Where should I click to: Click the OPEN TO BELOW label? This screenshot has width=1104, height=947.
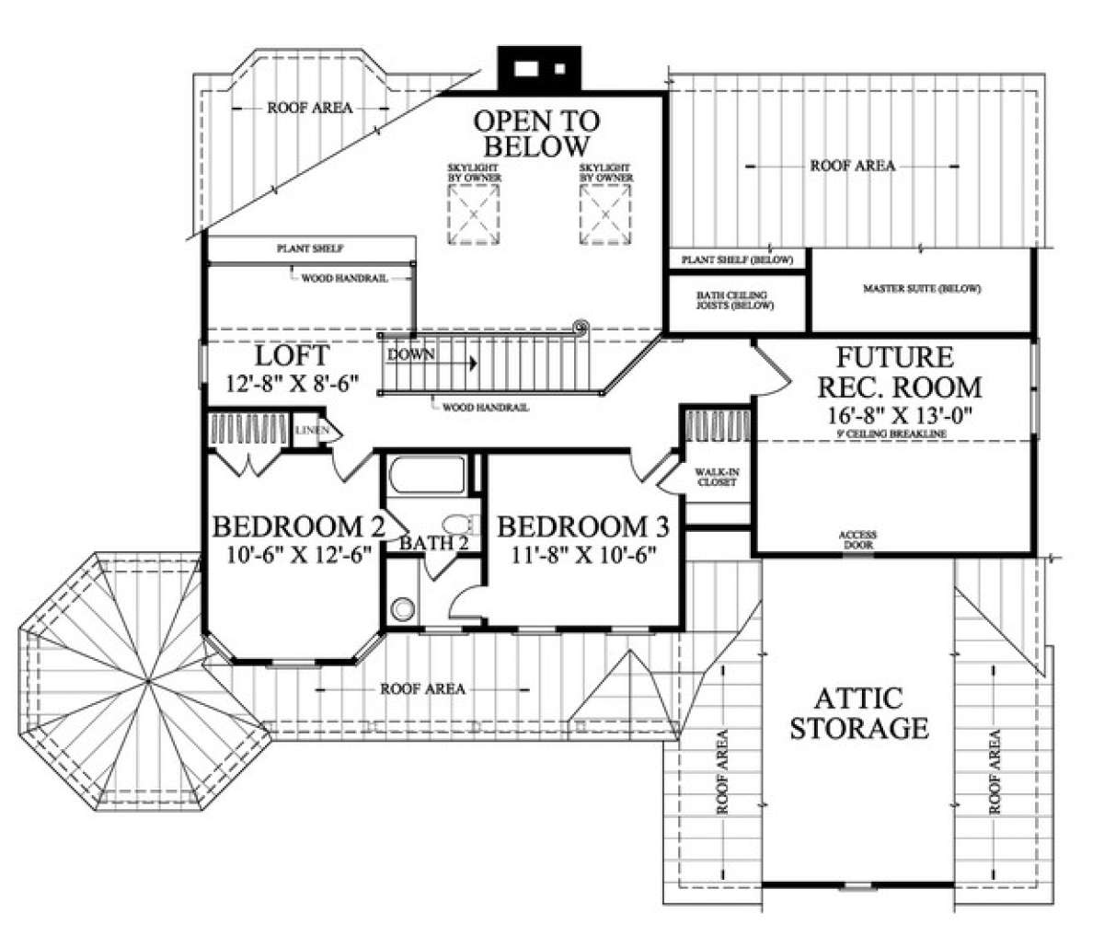[536, 133]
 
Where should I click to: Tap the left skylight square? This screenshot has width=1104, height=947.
[474, 214]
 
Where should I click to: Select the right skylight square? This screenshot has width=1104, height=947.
[605, 214]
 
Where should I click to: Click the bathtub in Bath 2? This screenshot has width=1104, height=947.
[427, 475]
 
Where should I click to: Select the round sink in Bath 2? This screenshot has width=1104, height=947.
[403, 608]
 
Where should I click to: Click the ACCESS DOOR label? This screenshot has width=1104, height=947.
[857, 540]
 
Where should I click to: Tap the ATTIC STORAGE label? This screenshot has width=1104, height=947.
[859, 713]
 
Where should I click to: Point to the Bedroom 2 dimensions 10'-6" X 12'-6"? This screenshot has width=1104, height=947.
[299, 555]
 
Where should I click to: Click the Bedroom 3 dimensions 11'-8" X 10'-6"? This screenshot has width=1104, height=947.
[583, 555]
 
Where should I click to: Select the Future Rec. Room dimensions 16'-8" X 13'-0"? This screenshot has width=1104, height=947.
[899, 415]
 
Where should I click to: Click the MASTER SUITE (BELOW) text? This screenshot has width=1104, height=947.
[922, 289]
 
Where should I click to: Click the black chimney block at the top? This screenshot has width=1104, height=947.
[539, 69]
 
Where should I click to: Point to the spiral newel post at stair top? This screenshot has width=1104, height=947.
[580, 327]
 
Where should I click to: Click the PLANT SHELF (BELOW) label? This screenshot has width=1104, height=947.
[738, 260]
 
